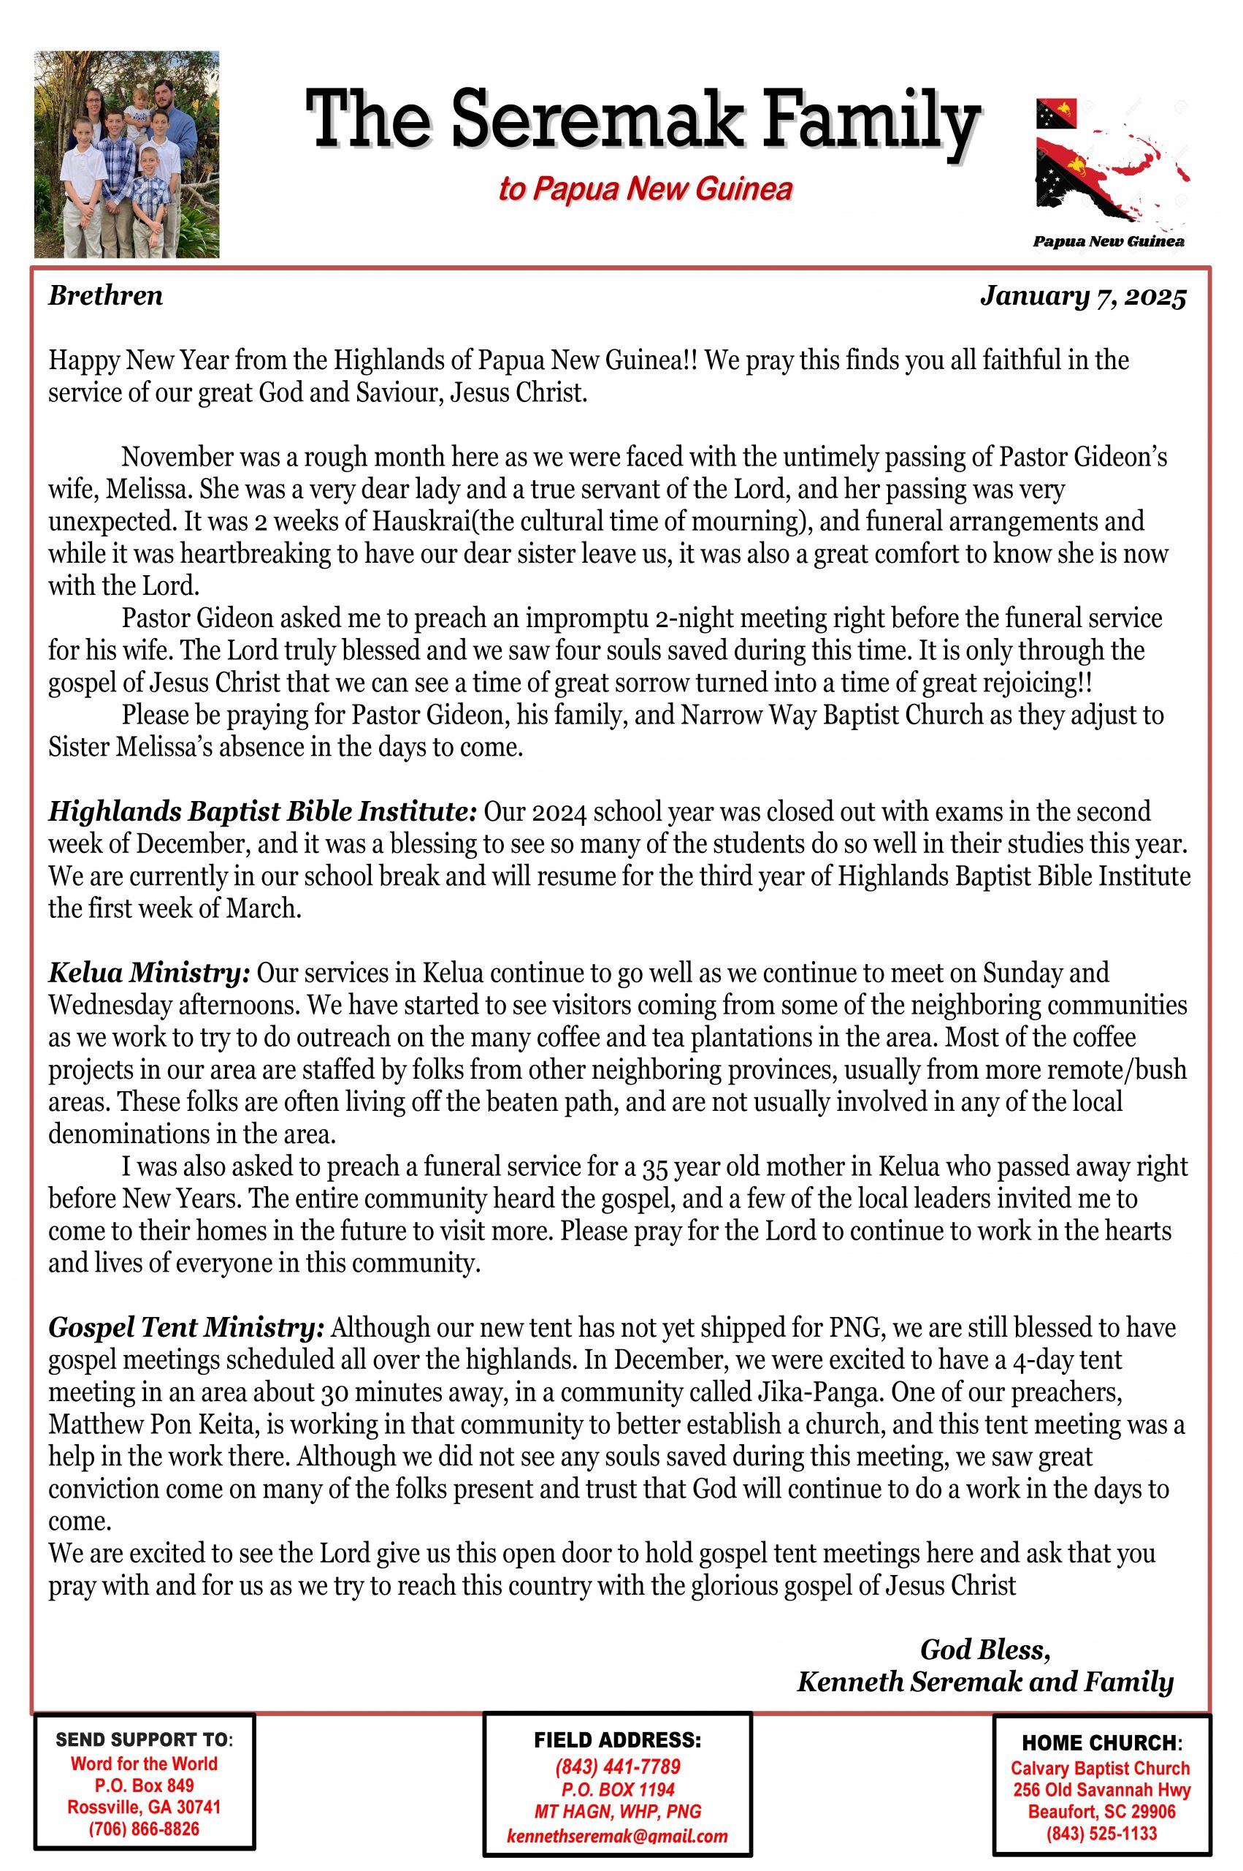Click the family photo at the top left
(x=127, y=155)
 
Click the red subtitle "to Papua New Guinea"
(x=646, y=189)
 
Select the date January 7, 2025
(x=1083, y=297)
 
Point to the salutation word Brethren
(x=105, y=296)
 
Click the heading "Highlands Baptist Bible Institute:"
(x=262, y=812)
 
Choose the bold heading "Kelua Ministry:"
(x=150, y=972)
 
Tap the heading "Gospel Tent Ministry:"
(x=187, y=1328)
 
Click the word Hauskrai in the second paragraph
(x=426, y=522)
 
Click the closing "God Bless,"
(x=985, y=1650)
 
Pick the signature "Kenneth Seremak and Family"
(x=984, y=1682)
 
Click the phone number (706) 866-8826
(x=145, y=1829)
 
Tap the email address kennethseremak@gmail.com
(x=618, y=1836)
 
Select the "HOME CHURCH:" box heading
(x=1102, y=1743)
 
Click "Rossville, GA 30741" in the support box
(x=145, y=1807)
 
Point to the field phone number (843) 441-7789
(x=618, y=1767)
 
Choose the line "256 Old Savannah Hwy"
(x=1102, y=1790)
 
